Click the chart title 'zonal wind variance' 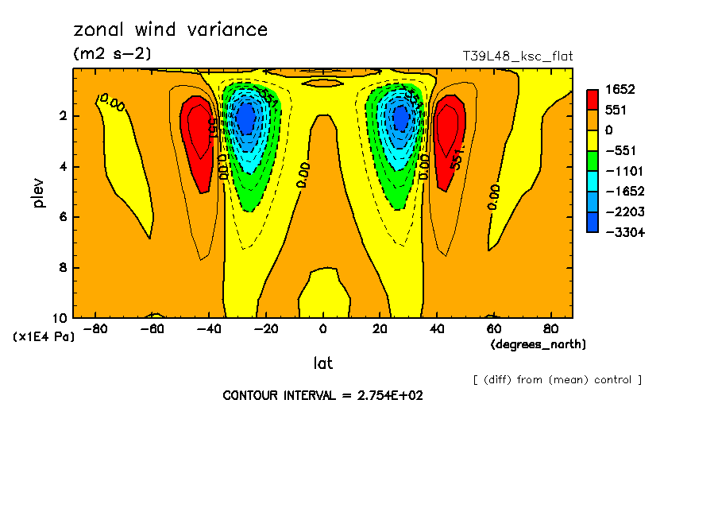(171, 30)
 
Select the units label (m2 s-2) (112, 54)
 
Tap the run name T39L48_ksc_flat (518, 56)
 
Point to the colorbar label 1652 (620, 89)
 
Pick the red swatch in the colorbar (593, 99)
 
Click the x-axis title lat (322, 363)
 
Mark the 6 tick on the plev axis (61, 217)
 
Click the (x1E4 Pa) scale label (44, 337)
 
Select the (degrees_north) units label (538, 344)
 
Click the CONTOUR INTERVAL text (322, 395)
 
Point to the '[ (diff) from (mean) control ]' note (557, 379)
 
